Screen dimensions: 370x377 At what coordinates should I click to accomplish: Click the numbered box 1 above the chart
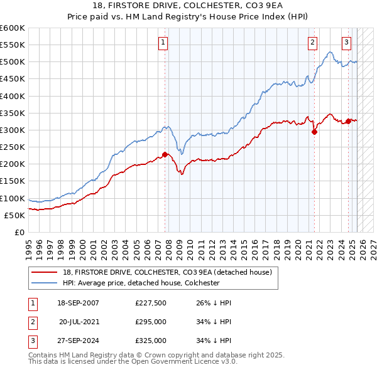163,43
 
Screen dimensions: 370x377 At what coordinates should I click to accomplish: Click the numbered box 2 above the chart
312,43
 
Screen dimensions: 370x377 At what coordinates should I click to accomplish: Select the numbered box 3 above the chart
346,43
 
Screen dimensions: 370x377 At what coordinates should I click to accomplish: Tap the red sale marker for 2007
165,155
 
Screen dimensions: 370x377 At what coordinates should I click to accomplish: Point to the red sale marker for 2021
314,132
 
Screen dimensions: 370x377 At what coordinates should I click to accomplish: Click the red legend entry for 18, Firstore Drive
167,272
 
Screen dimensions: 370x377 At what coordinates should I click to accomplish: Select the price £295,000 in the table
151,322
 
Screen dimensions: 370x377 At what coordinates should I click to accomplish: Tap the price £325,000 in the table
151,341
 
